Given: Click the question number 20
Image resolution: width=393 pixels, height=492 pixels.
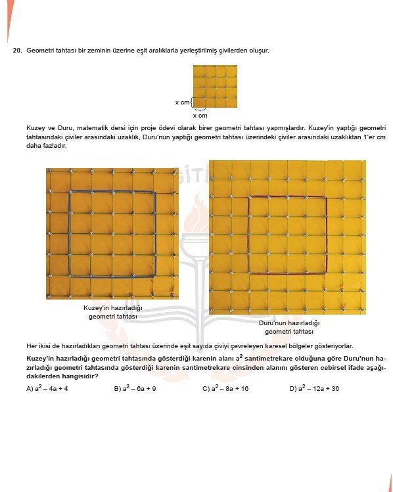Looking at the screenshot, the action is (x=17, y=50).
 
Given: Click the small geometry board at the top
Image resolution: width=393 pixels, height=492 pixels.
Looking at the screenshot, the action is (x=215, y=86).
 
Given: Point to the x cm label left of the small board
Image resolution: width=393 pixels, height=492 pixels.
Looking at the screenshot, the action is (x=181, y=102).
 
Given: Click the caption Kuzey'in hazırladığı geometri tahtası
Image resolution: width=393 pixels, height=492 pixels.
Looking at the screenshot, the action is (x=112, y=312).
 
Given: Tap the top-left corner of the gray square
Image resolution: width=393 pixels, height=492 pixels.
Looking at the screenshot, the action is (x=70, y=192).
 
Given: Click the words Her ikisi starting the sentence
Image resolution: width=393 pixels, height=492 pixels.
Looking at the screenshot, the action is (x=39, y=346).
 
